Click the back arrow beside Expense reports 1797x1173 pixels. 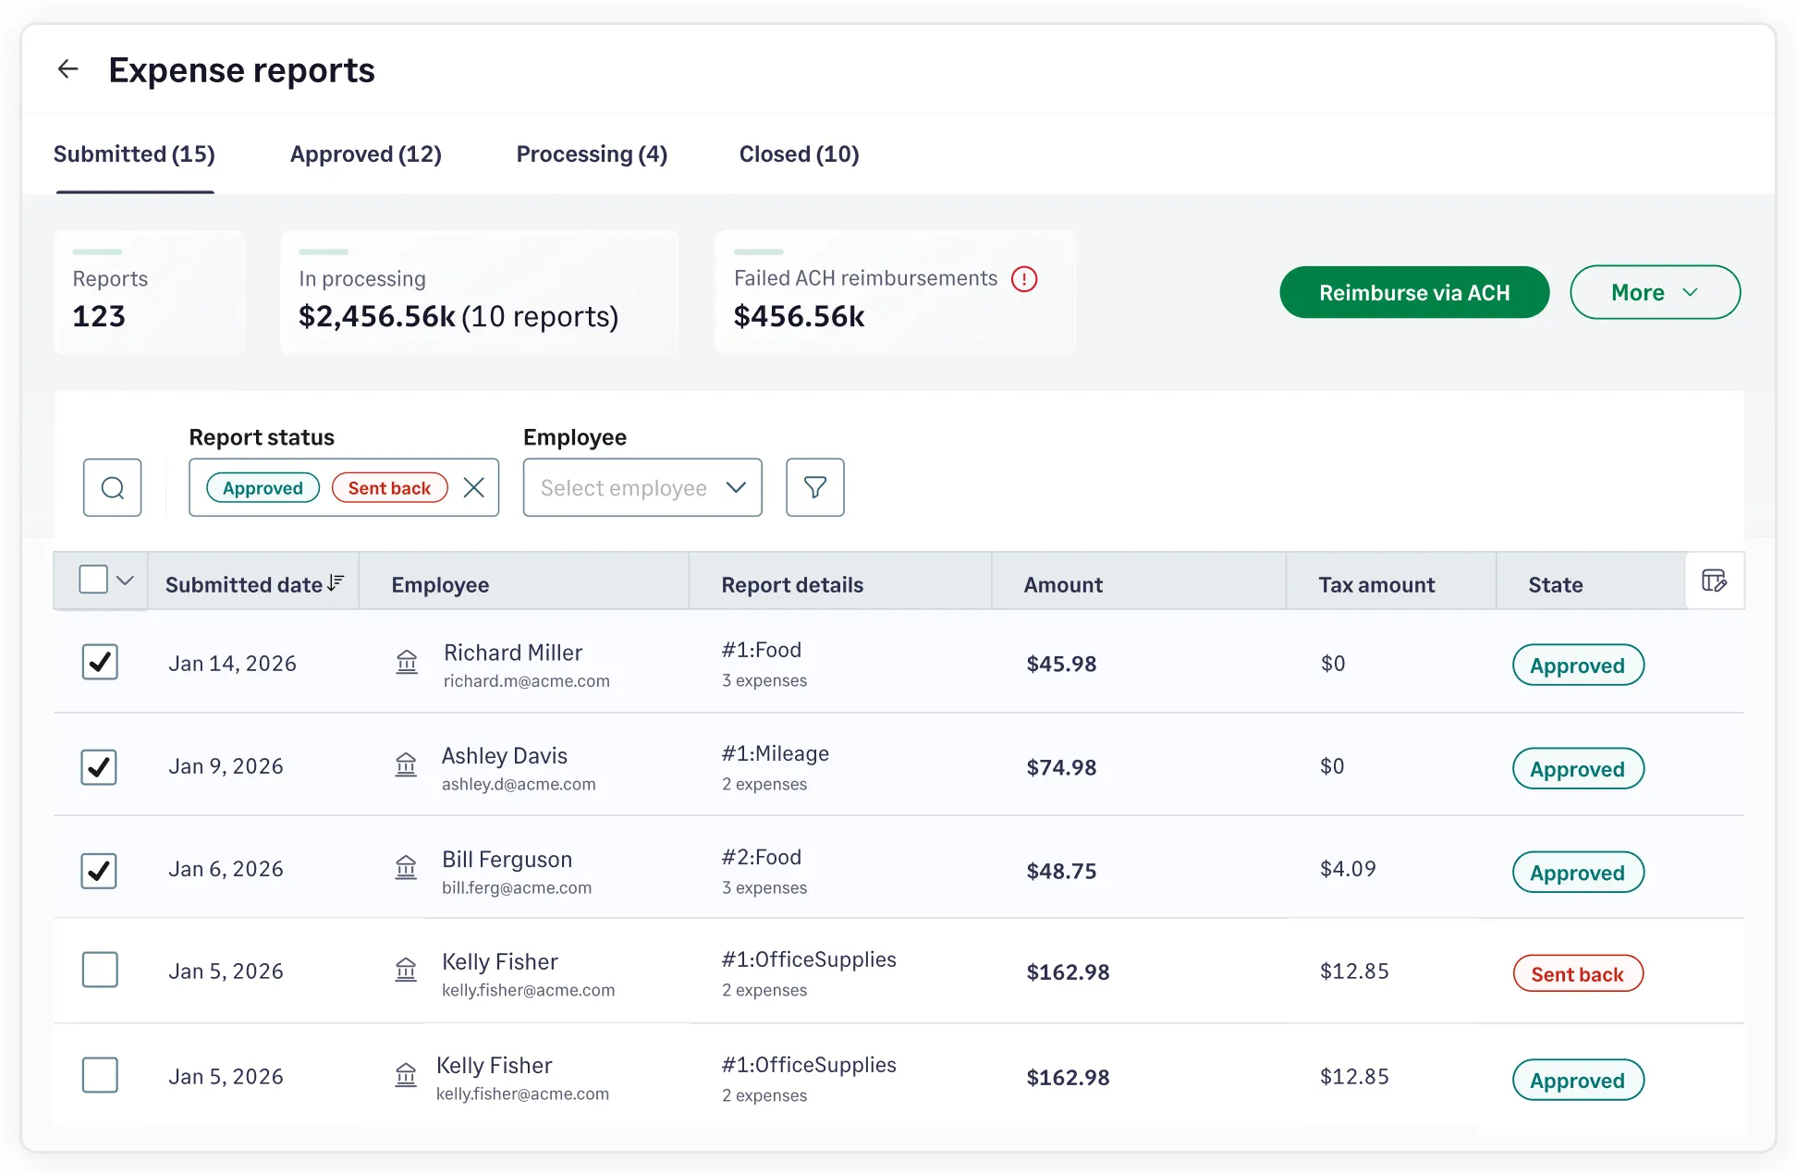point(67,69)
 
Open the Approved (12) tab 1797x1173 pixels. point(365,154)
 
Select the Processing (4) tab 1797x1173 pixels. point(591,154)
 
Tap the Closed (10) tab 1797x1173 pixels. point(799,154)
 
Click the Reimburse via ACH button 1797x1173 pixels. point(1413,293)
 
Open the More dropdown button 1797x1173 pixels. point(1654,293)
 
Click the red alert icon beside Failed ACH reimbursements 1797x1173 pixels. point(1024,279)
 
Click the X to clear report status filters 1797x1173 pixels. point(473,488)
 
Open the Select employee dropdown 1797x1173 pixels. point(642,488)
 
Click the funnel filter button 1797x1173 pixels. point(814,488)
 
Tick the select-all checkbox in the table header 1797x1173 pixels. point(93,580)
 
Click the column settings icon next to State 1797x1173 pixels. point(1714,581)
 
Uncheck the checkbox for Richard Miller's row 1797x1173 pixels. point(100,663)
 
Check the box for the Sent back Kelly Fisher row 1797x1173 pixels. point(100,971)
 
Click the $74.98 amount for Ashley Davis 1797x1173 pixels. point(1061,768)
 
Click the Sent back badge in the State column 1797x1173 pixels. point(1577,974)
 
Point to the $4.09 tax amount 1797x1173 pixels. point(1348,870)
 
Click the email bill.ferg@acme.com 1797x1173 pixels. point(516,888)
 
